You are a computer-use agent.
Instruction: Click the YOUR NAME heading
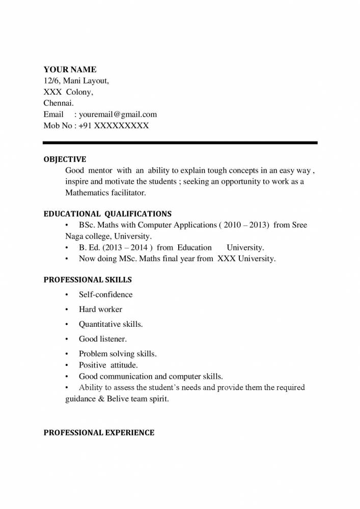point(70,70)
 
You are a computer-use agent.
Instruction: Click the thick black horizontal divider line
point(180,143)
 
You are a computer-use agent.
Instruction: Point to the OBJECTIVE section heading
point(65,159)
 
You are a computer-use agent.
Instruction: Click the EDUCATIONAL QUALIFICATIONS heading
point(107,214)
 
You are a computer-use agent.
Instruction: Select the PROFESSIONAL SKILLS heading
point(88,280)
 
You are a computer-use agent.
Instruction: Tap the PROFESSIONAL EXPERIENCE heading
point(99,433)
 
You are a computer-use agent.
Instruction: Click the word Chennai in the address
point(59,103)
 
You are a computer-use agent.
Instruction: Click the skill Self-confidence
point(105,295)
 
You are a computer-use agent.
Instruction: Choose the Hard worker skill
point(100,309)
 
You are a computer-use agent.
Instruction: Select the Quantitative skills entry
point(110,324)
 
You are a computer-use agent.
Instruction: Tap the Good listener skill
point(102,339)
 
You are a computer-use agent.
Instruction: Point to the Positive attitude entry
point(108,365)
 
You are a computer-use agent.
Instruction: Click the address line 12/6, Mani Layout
point(76,81)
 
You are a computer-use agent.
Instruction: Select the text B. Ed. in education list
point(90,248)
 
